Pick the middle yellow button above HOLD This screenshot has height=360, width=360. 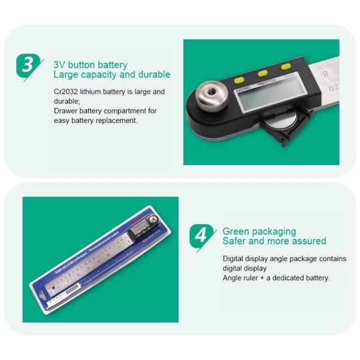click(x=262, y=73)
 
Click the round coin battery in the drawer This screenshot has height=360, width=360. click(x=278, y=124)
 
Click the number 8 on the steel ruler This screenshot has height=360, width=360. click(x=325, y=74)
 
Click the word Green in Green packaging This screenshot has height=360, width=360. click(x=235, y=231)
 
